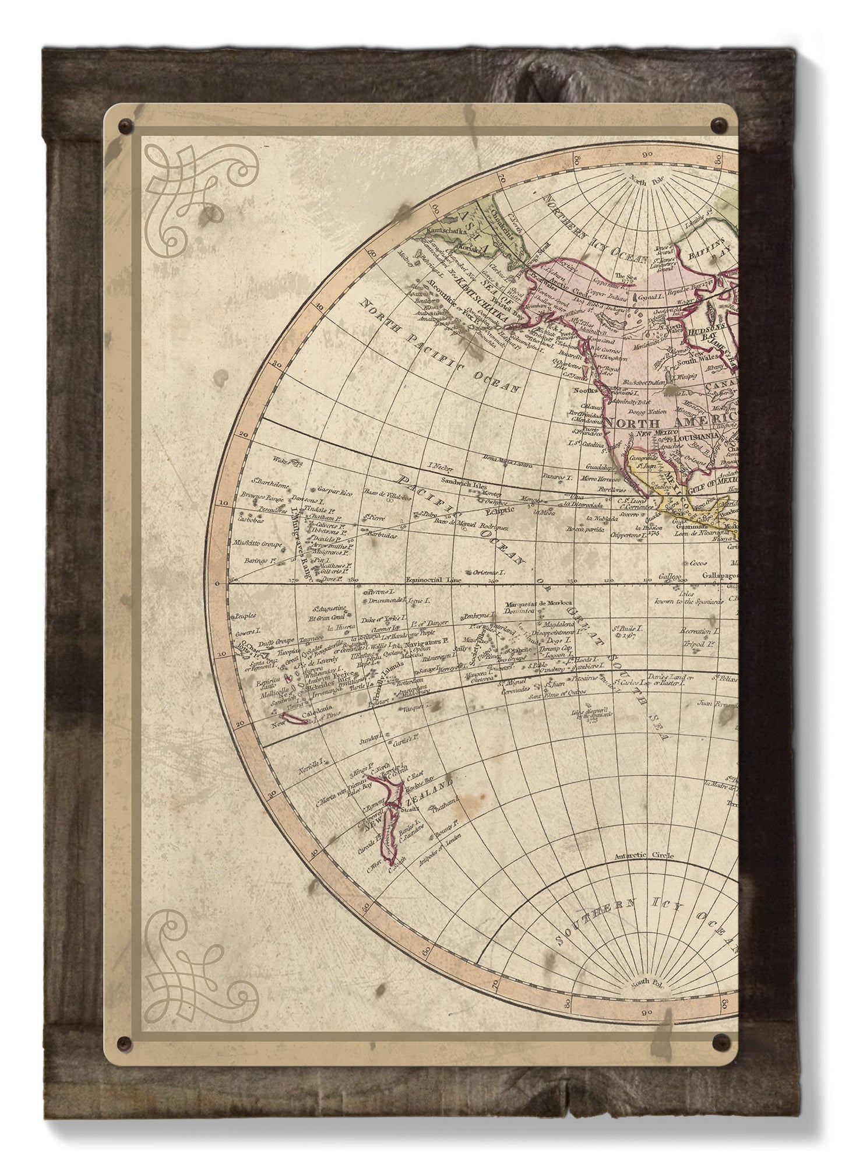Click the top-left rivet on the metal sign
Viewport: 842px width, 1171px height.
click(123, 125)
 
